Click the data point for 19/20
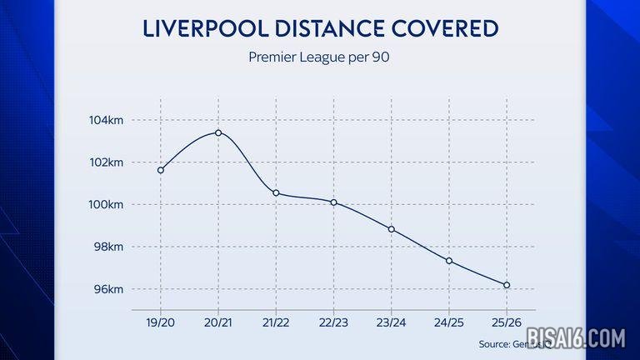pyautogui.click(x=161, y=170)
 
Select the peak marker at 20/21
pyautogui.click(x=218, y=132)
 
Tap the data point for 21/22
pyautogui.click(x=276, y=193)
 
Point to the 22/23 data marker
pyautogui.click(x=333, y=202)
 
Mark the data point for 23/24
pyautogui.click(x=392, y=229)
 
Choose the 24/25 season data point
pyautogui.click(x=449, y=261)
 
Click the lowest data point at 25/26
pyautogui.click(x=507, y=285)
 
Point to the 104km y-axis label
pyautogui.click(x=107, y=121)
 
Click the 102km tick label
pyautogui.click(x=107, y=162)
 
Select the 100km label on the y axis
pyautogui.click(x=107, y=205)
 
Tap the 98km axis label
pyautogui.click(x=108, y=247)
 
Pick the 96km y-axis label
pyautogui.click(x=108, y=290)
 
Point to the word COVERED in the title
pyautogui.click(x=450, y=29)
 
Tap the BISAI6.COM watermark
pyautogui.click(x=574, y=338)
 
